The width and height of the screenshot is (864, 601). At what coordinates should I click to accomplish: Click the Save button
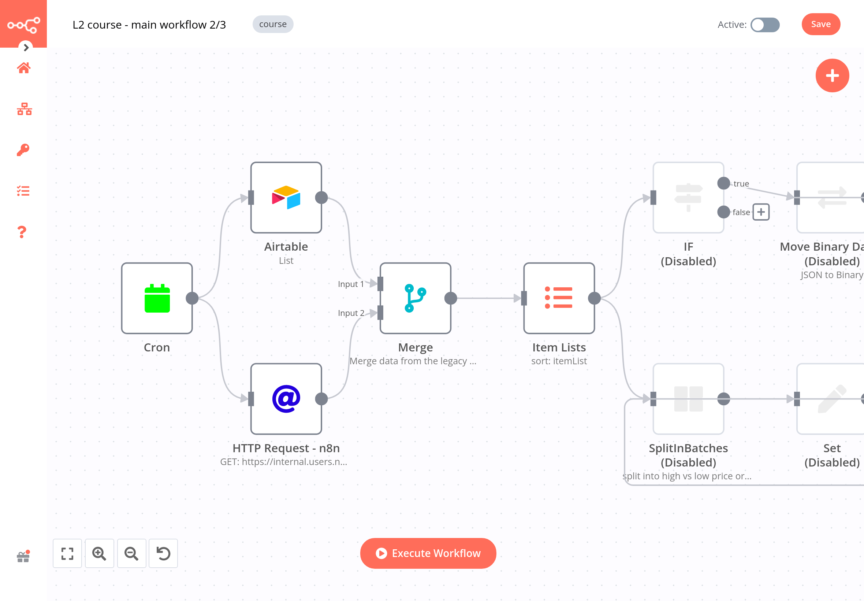820,24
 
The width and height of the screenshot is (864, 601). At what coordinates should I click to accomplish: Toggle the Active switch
765,25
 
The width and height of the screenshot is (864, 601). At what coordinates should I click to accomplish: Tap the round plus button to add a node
832,76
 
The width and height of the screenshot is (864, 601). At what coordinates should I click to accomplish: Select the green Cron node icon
157,298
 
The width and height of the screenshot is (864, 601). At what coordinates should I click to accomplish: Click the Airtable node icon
286,197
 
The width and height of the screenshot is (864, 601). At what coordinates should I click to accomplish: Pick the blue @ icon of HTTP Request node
286,398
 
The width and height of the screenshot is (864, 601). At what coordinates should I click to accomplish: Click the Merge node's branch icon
415,298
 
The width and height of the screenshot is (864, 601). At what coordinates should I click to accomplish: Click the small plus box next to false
760,212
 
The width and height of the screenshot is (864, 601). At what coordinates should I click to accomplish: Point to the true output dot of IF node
723,183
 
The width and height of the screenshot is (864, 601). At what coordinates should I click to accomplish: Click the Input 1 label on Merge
351,284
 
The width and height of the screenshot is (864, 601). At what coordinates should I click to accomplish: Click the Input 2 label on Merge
351,313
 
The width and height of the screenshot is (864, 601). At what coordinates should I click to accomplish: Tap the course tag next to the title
273,24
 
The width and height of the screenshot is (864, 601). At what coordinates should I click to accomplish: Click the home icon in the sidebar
24,68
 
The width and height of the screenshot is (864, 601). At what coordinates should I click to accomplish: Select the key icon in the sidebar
23,150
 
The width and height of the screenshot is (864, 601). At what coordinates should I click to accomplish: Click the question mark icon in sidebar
22,232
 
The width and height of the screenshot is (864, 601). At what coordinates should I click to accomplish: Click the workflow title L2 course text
149,25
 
